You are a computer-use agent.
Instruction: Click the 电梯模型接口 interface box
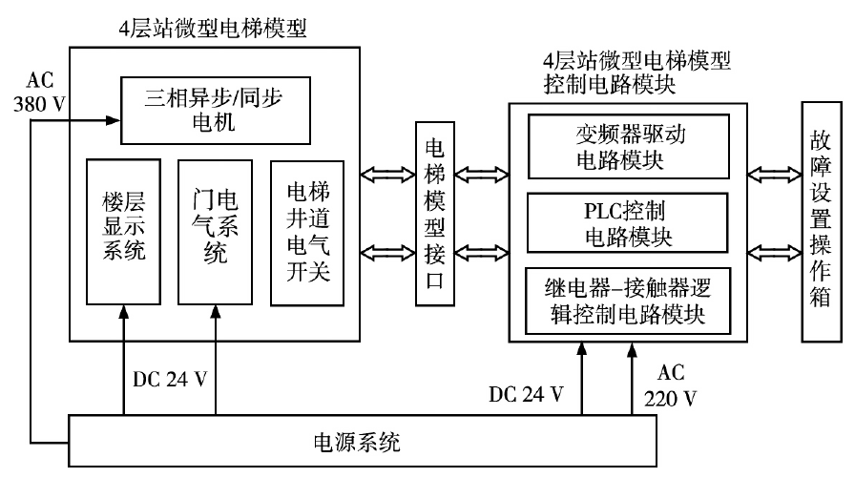pos(433,214)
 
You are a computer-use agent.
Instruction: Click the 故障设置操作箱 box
pos(817,216)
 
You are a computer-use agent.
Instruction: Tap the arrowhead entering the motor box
pos(113,121)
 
